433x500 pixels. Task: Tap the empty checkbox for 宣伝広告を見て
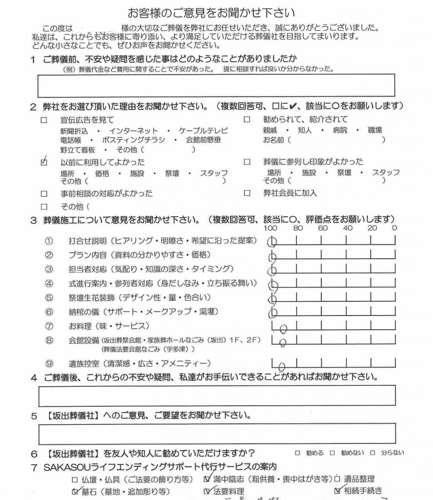pos(44,120)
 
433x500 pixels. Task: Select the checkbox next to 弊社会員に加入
pos(247,193)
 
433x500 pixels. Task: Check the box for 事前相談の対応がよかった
pos(44,193)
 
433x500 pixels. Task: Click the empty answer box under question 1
pos(216,85)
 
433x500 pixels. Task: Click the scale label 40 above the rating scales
pos(347,228)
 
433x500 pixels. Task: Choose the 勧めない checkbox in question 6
pos(333,453)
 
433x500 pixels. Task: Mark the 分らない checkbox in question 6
pos(373,453)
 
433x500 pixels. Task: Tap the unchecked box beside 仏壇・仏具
pos(75,479)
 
